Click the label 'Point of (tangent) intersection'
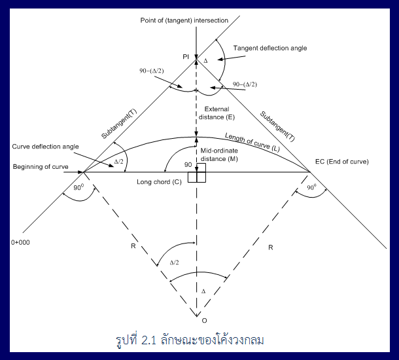pos(184,20)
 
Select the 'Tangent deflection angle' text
pos(270,48)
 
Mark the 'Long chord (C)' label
pos(158,181)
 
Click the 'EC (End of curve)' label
pos(341,162)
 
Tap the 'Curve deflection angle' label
pos(45,146)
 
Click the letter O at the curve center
pos(204,320)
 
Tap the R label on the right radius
pos(269,249)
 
